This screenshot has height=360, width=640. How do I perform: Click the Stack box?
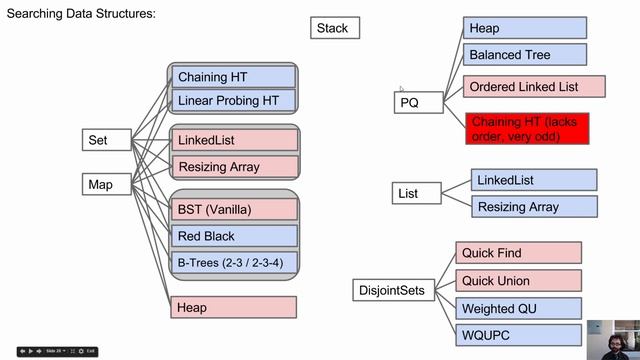[334, 28]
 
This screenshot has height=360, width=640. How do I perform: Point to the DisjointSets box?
[391, 292]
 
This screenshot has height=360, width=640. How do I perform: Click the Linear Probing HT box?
[234, 100]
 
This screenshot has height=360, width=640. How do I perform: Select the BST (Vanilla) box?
[234, 210]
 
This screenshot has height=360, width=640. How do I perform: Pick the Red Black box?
[234, 236]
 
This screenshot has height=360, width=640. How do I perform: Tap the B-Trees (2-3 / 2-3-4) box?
[234, 263]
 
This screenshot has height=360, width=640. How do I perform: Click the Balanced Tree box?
[524, 55]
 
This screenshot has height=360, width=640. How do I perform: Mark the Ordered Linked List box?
[534, 87]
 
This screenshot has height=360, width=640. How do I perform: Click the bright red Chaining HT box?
[527, 129]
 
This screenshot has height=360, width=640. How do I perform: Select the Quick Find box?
[518, 253]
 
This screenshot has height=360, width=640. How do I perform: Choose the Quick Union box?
[518, 281]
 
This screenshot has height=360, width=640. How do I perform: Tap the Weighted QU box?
[518, 309]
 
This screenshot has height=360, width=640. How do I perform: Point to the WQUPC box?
[518, 336]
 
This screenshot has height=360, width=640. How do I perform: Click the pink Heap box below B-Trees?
[234, 307]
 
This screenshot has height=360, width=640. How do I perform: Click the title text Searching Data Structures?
[81, 14]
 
